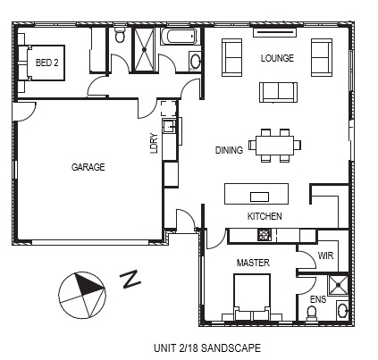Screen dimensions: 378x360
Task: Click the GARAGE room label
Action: (x=88, y=167)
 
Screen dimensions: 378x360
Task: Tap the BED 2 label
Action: (x=46, y=63)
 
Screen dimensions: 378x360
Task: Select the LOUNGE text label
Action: (x=277, y=58)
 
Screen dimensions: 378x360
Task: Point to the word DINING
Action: (x=229, y=150)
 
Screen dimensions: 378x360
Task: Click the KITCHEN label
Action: (x=265, y=216)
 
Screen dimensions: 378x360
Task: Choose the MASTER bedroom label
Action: (x=253, y=263)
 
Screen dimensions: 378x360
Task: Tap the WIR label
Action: (x=325, y=255)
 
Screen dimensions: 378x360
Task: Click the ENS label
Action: (x=318, y=299)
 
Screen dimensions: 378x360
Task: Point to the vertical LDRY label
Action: (x=154, y=143)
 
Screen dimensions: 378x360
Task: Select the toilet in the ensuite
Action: (x=312, y=313)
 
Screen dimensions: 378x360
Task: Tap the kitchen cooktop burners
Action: (x=264, y=235)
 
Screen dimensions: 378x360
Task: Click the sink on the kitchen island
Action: (x=259, y=197)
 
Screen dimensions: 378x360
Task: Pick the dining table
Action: (x=274, y=146)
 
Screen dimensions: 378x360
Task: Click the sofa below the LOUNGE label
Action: (x=278, y=92)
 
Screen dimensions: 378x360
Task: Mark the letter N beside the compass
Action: (x=130, y=279)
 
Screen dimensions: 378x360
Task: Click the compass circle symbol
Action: (x=82, y=295)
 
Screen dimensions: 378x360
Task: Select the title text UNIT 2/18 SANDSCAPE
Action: (x=207, y=347)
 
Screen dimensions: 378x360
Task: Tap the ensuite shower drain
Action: (x=339, y=285)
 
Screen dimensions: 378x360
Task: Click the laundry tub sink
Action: (x=169, y=126)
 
